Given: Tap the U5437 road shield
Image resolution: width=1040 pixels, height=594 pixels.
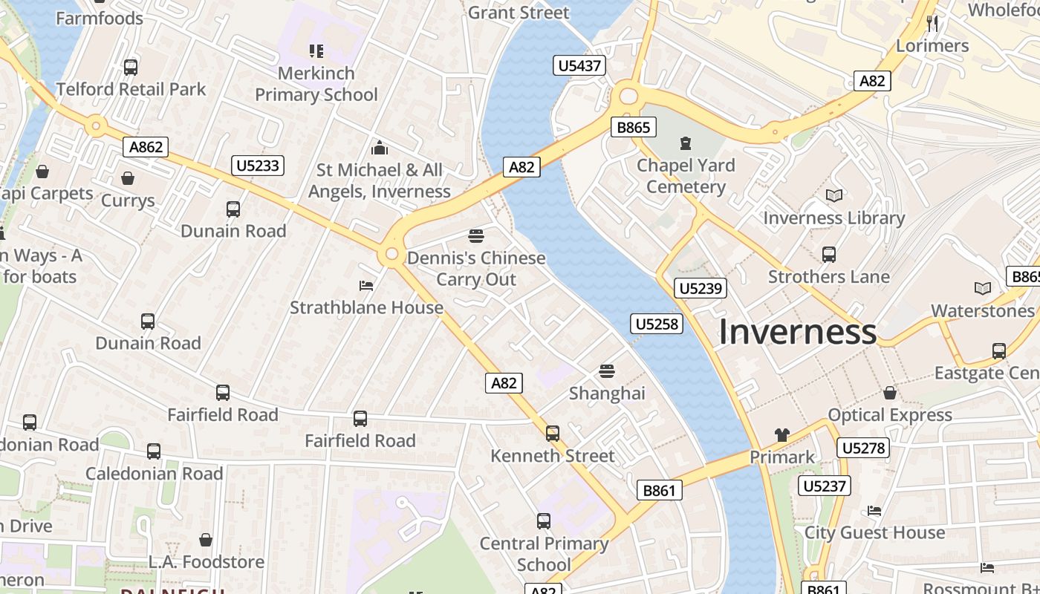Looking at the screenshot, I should pyautogui.click(x=579, y=66).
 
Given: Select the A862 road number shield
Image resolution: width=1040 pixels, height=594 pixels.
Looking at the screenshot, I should pyautogui.click(x=146, y=147).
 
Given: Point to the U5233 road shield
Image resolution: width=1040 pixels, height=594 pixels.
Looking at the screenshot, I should pyautogui.click(x=258, y=165).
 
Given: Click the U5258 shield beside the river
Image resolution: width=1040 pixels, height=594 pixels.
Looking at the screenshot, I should pyautogui.click(x=657, y=324).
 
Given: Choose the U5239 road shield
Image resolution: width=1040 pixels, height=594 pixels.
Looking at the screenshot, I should pyautogui.click(x=701, y=288).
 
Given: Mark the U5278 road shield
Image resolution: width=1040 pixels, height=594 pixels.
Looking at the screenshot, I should pyautogui.click(x=862, y=448).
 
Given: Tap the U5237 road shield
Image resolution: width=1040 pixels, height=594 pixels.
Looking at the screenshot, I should pyautogui.click(x=825, y=486).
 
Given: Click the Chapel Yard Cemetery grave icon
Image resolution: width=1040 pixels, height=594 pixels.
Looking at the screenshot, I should pyautogui.click(x=685, y=143).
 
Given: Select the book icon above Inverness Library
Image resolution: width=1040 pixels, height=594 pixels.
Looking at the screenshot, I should pyautogui.click(x=834, y=196).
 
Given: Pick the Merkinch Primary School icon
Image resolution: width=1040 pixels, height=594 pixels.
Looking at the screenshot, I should pyautogui.click(x=316, y=51).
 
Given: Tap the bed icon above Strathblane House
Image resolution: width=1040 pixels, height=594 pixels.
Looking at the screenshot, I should pyautogui.click(x=366, y=285).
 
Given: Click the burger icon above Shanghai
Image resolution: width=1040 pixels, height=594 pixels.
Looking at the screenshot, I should pyautogui.click(x=607, y=371).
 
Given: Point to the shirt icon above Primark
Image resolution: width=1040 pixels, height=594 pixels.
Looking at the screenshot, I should pyautogui.click(x=781, y=435).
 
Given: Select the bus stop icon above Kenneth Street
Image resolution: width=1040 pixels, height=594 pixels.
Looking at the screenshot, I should pyautogui.click(x=552, y=434).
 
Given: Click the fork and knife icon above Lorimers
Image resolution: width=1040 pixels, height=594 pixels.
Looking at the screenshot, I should pyautogui.click(x=932, y=24).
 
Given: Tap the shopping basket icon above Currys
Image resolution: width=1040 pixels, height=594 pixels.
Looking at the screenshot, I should pyautogui.click(x=128, y=178).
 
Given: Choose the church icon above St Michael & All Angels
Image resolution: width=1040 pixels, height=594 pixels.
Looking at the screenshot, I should pyautogui.click(x=380, y=148).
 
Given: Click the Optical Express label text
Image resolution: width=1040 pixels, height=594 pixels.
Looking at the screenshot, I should pyautogui.click(x=890, y=415).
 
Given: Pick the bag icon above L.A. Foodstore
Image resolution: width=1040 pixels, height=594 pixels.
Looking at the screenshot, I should pyautogui.click(x=206, y=540).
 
